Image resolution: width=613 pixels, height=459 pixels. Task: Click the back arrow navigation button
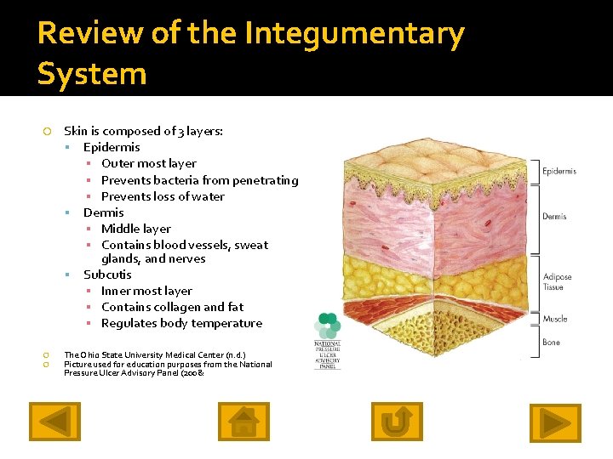[x=55, y=422]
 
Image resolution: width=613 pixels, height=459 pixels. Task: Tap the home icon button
[x=243, y=422]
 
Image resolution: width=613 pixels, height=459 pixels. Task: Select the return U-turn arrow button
[x=397, y=422]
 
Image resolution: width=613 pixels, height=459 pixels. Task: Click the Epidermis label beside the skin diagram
[x=559, y=172]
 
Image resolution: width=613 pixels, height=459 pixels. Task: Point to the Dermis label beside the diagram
[x=554, y=217]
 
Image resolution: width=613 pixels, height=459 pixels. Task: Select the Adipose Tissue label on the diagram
[x=558, y=282]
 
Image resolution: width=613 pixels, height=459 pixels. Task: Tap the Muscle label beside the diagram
[x=555, y=320]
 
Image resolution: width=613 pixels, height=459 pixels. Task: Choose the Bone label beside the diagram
[x=552, y=343]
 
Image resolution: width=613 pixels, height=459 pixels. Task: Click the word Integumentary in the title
[x=354, y=34]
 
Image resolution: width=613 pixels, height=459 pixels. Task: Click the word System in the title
[x=92, y=74]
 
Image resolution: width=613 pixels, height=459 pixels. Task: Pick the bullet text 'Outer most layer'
[x=148, y=163]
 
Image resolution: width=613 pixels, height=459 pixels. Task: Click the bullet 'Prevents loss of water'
[x=163, y=196]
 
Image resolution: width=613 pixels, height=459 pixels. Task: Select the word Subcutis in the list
[x=107, y=275]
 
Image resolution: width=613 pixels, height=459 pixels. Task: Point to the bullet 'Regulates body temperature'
[x=181, y=323]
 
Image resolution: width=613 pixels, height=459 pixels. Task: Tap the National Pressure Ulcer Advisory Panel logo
[x=328, y=341]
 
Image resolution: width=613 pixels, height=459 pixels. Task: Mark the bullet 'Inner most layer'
[x=146, y=291]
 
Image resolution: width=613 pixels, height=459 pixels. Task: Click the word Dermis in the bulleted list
[x=103, y=212]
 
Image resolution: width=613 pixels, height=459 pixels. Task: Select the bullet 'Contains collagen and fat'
[x=172, y=307]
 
